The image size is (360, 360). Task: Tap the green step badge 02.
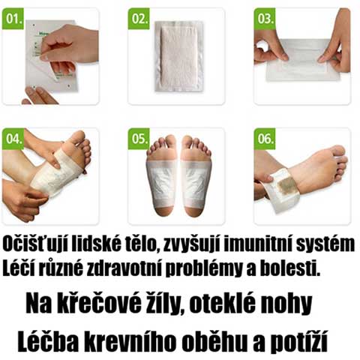coord(139,17)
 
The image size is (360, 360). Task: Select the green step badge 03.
coord(265,17)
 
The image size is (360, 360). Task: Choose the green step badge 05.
coord(139,138)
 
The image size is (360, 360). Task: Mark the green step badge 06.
coord(265,138)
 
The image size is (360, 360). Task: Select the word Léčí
coord(20,266)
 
